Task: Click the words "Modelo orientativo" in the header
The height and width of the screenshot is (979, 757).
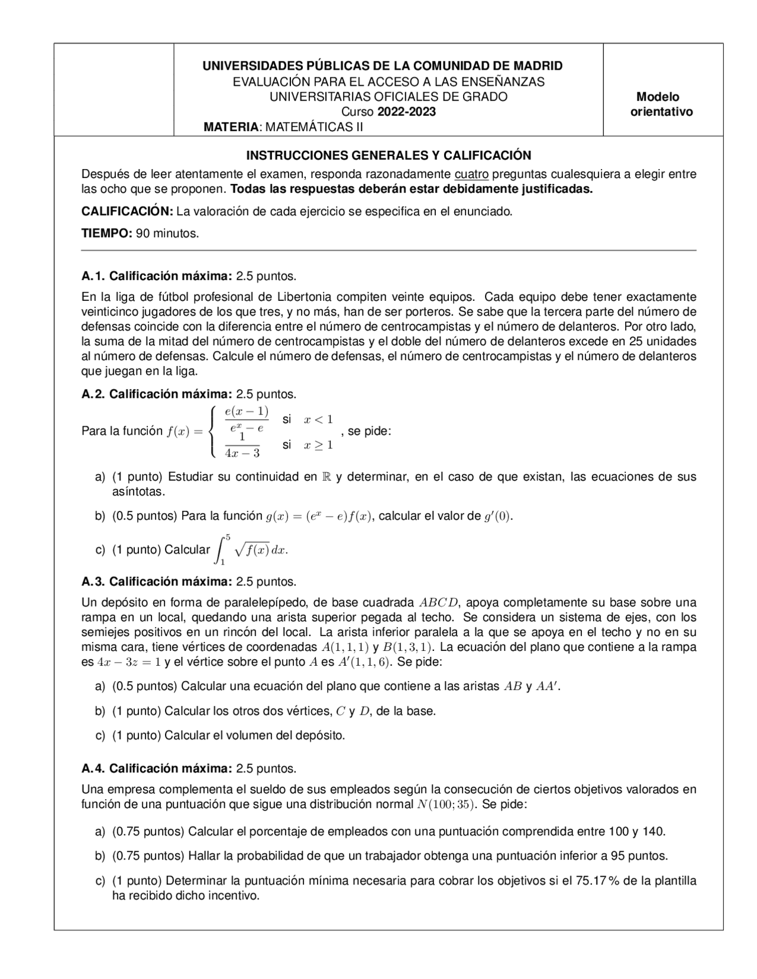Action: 661,104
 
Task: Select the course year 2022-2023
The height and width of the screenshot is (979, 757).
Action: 407,112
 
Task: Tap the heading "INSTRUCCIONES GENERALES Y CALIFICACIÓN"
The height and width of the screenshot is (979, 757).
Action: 389,155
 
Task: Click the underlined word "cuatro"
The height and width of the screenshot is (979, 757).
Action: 471,174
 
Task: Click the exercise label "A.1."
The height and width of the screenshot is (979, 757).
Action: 93,276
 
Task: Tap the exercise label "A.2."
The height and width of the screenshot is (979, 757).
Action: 93,394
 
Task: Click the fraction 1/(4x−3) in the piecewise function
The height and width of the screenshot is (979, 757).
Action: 242,445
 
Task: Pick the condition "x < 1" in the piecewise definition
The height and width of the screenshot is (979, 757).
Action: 318,420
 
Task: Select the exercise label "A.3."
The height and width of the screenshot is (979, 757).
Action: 93,582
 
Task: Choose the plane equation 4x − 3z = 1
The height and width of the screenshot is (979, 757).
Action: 129,662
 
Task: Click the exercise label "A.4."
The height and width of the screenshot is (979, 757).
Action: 93,769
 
